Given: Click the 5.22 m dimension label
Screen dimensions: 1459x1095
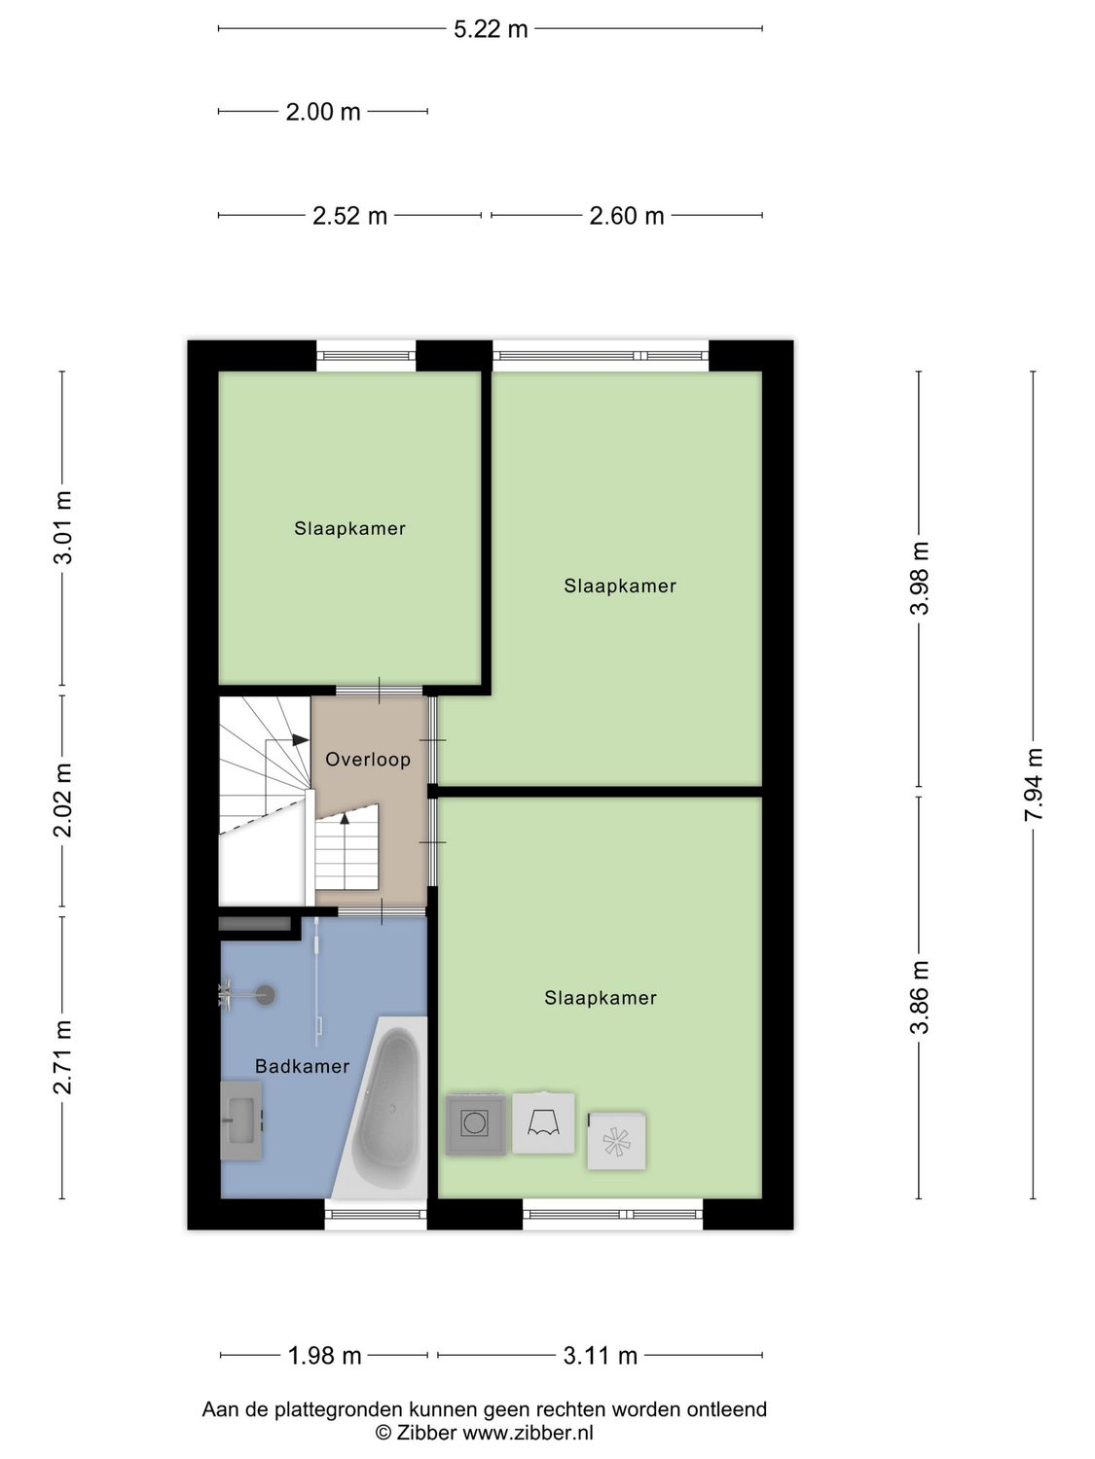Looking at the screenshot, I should click(x=491, y=29).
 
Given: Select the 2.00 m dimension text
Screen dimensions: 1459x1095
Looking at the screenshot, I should click(x=323, y=112).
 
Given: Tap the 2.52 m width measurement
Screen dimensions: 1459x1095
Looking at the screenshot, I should click(x=349, y=216).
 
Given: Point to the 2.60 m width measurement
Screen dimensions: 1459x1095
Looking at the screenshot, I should click(x=627, y=216).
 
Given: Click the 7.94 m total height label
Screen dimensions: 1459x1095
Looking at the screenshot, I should click(x=1034, y=784).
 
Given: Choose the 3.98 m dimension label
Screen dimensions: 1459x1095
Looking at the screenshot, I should click(x=920, y=579).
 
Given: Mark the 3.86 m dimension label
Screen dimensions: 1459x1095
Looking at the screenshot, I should click(x=920, y=997).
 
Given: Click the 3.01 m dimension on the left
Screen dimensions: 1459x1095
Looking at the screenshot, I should click(x=63, y=527).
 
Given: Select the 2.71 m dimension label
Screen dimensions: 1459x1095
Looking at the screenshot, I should click(x=63, y=1057).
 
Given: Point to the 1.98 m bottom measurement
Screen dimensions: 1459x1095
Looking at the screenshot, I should click(x=324, y=1355).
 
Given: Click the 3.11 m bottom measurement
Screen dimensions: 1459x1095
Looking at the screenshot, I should click(x=601, y=1355).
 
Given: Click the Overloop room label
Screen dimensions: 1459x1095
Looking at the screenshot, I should click(x=368, y=760).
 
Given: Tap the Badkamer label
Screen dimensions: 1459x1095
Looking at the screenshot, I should click(x=302, y=1067).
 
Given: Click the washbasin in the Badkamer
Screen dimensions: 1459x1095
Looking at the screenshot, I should click(x=241, y=1121).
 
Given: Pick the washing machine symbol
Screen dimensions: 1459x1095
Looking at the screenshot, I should click(x=476, y=1123).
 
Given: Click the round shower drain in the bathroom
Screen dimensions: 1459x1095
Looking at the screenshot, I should click(x=265, y=994).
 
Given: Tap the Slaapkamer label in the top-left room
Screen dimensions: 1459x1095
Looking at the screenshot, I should click(x=349, y=529).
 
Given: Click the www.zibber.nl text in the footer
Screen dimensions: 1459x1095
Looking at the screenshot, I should click(x=527, y=1433).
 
